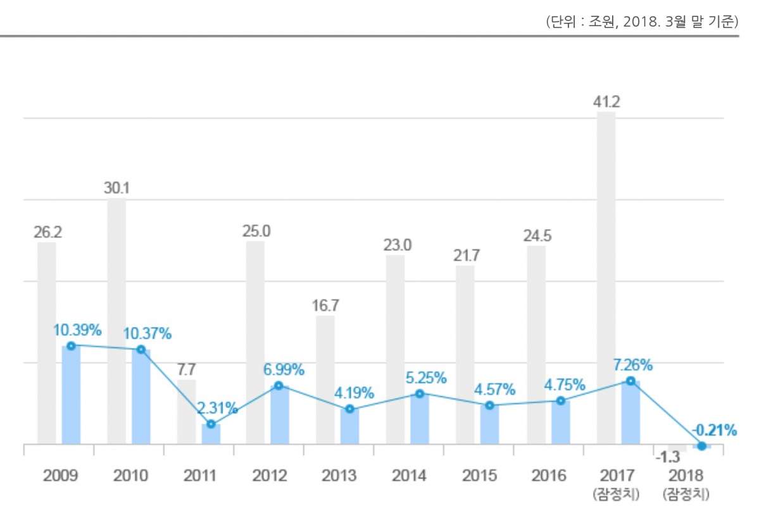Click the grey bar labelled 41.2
pos(606,278)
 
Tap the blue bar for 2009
pos(71,395)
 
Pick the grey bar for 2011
pos(186,412)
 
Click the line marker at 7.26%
pos(630,381)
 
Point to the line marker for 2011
pos(211,424)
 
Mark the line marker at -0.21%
pos(701,446)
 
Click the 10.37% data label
pos(147,333)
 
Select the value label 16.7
pos(325,305)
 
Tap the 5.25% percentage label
pos(425,378)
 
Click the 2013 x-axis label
pos(339,476)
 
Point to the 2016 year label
pos(548,476)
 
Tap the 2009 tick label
pos(61,476)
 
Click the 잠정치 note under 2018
pos(686,494)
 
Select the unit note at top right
pos(641,22)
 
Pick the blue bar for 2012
pos(280,414)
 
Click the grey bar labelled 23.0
pos(395,349)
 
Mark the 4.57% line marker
pos(489,405)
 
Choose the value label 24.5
pos(537,236)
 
